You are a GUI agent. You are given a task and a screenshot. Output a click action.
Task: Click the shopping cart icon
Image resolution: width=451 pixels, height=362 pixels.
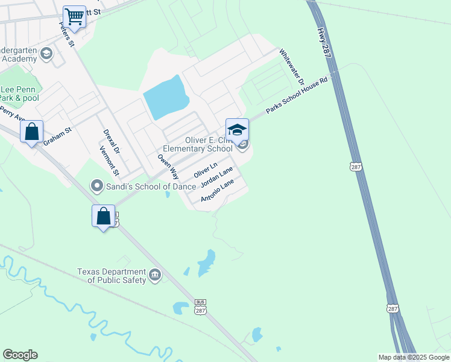(x=75, y=16)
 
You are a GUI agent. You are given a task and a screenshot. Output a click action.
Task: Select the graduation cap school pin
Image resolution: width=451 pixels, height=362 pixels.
(x=237, y=129)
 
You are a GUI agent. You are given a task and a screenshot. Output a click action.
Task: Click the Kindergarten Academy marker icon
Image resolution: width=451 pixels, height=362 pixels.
(x=46, y=55)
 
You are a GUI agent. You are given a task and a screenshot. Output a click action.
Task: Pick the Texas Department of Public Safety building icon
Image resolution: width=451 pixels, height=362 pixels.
(x=156, y=276)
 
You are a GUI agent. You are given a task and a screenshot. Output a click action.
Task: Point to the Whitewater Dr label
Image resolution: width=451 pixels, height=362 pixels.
(x=292, y=67)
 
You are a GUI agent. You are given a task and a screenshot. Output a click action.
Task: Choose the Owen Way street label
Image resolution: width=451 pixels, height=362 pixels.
(x=168, y=167)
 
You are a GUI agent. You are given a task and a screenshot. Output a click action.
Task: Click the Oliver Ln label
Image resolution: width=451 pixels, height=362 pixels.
(x=205, y=170)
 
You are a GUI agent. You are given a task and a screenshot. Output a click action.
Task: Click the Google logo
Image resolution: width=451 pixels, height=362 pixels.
(x=20, y=355)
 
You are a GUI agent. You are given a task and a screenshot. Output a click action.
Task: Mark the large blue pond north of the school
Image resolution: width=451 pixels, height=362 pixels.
(x=165, y=97)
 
